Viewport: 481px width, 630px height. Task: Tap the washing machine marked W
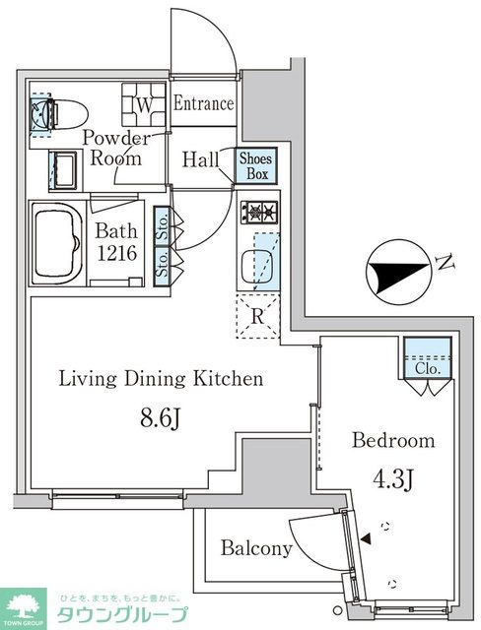tap(144, 105)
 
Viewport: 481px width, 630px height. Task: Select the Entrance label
tap(203, 103)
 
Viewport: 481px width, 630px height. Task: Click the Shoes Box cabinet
tap(256, 165)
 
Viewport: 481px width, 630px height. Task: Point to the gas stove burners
tap(259, 212)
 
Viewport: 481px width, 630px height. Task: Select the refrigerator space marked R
tap(257, 316)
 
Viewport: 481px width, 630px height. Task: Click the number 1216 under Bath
tap(117, 253)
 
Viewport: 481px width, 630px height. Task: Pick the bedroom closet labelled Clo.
tap(428, 358)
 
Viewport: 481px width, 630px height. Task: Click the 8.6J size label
tap(160, 419)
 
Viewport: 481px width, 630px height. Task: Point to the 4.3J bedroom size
tap(393, 478)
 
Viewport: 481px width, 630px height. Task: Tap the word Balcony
tap(256, 548)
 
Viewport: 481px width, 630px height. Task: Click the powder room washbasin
tap(63, 170)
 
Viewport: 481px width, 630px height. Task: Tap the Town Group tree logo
tap(23, 609)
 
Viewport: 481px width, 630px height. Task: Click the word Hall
tap(200, 159)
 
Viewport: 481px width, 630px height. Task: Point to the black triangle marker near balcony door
tap(366, 538)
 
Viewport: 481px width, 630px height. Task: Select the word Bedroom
tap(393, 440)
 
